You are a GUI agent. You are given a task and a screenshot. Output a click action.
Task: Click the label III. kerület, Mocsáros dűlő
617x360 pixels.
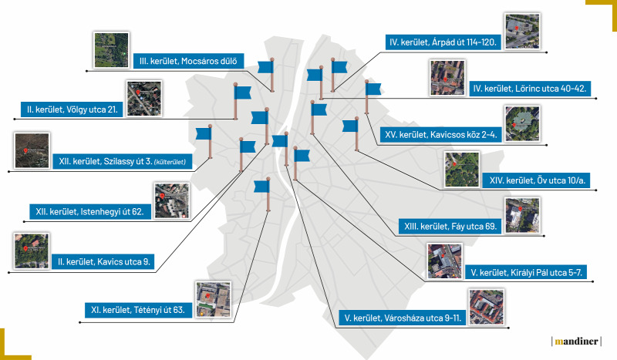188,61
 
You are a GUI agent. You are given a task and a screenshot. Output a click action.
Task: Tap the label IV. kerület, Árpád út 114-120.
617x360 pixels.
443,42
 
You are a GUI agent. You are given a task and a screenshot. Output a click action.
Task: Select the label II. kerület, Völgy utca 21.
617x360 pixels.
72,109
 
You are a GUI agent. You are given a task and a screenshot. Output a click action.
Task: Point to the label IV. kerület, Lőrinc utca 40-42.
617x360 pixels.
530,89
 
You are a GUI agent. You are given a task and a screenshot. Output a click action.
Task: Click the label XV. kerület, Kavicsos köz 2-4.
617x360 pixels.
440,135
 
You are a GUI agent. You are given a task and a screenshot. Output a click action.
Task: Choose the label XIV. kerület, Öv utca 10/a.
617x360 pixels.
537,180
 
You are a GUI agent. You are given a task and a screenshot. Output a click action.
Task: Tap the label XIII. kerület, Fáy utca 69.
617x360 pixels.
450,227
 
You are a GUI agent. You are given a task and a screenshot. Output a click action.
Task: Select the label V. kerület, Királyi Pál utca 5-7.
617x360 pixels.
526,272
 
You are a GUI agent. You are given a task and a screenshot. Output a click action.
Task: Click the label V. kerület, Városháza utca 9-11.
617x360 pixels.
403,318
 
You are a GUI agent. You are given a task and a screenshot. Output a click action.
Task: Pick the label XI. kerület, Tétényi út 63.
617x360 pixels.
138,310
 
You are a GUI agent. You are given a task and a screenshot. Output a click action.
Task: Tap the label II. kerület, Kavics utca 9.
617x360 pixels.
103,261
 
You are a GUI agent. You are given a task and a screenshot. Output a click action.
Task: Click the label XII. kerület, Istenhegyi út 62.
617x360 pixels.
90,212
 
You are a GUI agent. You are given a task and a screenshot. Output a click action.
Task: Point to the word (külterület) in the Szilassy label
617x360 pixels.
170,162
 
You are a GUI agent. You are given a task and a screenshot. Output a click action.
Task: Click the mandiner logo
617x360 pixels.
576,341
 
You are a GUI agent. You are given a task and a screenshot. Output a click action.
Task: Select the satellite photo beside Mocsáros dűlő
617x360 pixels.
111,50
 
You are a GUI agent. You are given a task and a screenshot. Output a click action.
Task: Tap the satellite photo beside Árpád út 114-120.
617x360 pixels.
523,31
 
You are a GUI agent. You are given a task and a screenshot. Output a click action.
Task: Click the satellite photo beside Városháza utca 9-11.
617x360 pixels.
487,308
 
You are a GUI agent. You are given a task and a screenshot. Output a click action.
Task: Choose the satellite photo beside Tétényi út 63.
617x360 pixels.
214,299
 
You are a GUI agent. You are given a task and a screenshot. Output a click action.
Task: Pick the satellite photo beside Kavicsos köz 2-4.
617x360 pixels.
523,123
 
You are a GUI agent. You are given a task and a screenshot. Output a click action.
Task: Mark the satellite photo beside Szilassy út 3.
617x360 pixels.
32,150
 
